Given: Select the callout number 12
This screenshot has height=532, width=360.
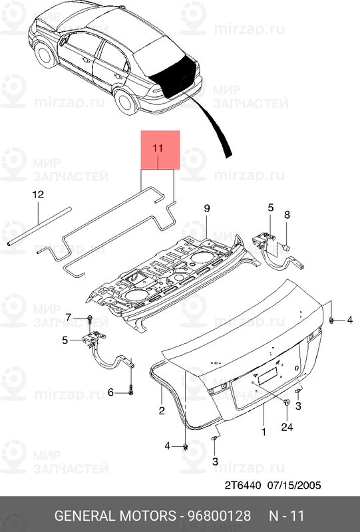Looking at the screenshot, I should click(38, 195).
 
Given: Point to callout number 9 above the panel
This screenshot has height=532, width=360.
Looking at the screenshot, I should click(206, 209).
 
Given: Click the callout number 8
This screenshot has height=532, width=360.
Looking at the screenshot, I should click(287, 214).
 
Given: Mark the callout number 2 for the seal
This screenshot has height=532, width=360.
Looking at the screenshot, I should click(161, 412).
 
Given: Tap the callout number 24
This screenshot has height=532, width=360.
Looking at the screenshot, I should click(287, 428).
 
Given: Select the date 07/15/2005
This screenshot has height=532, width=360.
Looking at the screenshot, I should click(294, 485).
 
